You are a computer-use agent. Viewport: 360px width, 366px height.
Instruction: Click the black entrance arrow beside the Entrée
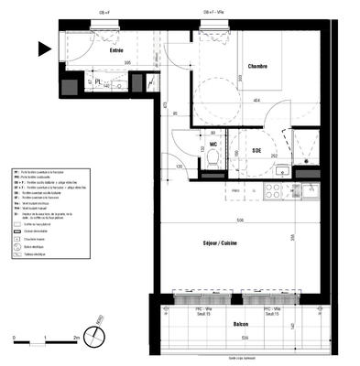[42, 48]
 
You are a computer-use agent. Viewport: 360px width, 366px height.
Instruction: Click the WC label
[212, 144]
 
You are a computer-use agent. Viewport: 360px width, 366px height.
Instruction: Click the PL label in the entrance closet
[98, 81]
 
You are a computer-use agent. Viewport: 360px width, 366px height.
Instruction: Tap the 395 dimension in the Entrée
[128, 63]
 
